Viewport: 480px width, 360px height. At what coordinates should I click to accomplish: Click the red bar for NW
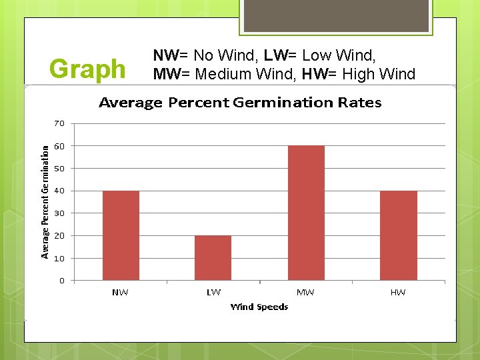pyautogui.click(x=121, y=235)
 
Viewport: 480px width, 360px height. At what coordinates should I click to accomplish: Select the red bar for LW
pyautogui.click(x=213, y=257)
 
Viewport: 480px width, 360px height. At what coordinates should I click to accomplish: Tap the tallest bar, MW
pyautogui.click(x=306, y=213)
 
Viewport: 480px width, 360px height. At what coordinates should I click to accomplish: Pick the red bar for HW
pyautogui.click(x=398, y=235)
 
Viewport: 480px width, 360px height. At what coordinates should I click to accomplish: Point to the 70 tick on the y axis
pyautogui.click(x=59, y=123)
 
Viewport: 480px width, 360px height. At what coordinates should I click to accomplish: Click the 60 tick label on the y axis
pyautogui.click(x=59, y=146)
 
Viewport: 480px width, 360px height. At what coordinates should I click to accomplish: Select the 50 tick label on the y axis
pyautogui.click(x=59, y=169)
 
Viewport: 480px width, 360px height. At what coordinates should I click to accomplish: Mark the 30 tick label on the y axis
pyautogui.click(x=59, y=213)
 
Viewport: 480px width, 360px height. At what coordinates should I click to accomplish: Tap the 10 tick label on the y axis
pyautogui.click(x=59, y=258)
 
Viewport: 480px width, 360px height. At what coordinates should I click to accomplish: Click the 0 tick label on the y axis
pyautogui.click(x=62, y=281)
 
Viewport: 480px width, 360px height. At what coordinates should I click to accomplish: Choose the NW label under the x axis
pyautogui.click(x=121, y=292)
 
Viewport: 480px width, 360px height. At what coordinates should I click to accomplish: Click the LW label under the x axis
pyautogui.click(x=213, y=292)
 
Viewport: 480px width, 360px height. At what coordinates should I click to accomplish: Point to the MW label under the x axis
pyautogui.click(x=305, y=292)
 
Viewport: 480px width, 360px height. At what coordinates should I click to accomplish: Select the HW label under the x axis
pyautogui.click(x=398, y=292)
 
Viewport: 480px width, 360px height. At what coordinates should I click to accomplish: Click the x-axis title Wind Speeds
pyautogui.click(x=259, y=307)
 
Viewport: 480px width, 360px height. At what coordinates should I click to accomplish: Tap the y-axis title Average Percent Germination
pyautogui.click(x=45, y=202)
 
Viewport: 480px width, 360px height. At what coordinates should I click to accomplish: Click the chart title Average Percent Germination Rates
pyautogui.click(x=240, y=103)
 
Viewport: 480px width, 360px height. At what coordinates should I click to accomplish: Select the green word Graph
pyautogui.click(x=87, y=69)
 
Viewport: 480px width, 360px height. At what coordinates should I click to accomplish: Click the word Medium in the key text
pyautogui.click(x=221, y=73)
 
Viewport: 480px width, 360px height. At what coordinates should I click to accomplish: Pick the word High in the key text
pyautogui.click(x=363, y=73)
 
